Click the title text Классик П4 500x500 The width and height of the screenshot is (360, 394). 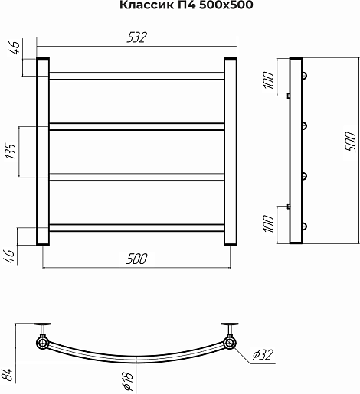(x=186, y=5)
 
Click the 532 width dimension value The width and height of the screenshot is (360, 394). (x=137, y=37)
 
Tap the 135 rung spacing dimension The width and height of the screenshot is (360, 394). (x=11, y=151)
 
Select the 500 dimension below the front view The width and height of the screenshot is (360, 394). (x=137, y=259)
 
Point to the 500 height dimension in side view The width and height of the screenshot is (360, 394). (x=350, y=142)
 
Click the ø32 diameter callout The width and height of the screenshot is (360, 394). (x=263, y=354)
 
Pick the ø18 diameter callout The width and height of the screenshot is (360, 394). (x=128, y=382)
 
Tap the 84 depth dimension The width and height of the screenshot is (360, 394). (x=8, y=375)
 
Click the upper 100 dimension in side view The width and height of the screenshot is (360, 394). (x=269, y=80)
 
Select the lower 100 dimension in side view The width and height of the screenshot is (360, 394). (x=269, y=223)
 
